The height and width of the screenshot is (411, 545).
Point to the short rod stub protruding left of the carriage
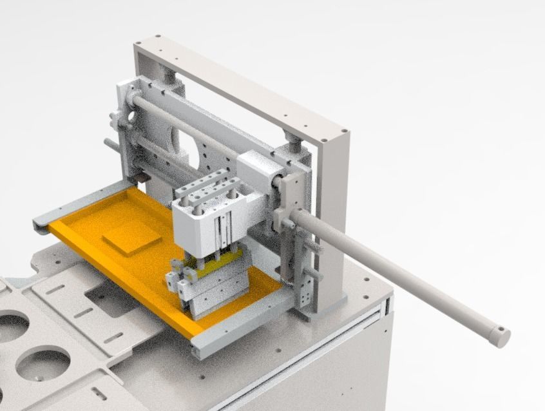[x=110, y=145]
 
